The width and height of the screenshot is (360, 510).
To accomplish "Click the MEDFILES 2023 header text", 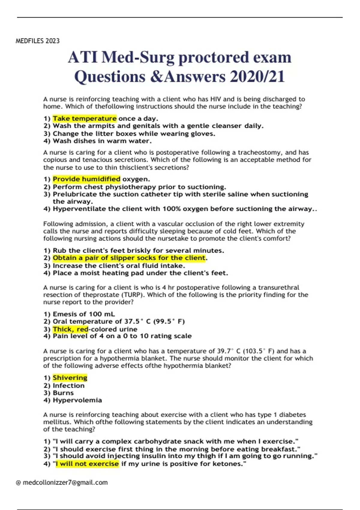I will click(x=37, y=41).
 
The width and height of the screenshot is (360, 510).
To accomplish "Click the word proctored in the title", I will click(x=214, y=57).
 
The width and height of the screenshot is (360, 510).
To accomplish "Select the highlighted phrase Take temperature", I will click(x=85, y=118).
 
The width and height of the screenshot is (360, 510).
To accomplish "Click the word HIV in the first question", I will click(x=216, y=99).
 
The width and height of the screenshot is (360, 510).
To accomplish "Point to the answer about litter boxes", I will click(x=134, y=133).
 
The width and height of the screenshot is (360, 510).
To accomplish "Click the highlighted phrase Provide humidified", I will click(x=86, y=179).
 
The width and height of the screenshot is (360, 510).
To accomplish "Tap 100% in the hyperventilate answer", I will click(x=172, y=209).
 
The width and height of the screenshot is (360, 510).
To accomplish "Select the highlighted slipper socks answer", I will click(x=129, y=258).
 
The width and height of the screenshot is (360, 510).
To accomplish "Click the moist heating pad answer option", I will click(x=140, y=273).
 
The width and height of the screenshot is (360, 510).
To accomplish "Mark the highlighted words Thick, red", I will click(x=70, y=329).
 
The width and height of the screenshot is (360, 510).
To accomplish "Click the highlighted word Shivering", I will click(x=70, y=378).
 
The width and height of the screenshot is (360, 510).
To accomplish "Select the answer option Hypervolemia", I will click(x=77, y=400).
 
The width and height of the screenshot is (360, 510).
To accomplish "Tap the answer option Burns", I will click(x=63, y=393).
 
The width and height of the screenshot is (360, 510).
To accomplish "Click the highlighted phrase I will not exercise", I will click(x=87, y=464).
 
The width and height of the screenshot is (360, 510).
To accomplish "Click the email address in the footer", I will click(x=65, y=482).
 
